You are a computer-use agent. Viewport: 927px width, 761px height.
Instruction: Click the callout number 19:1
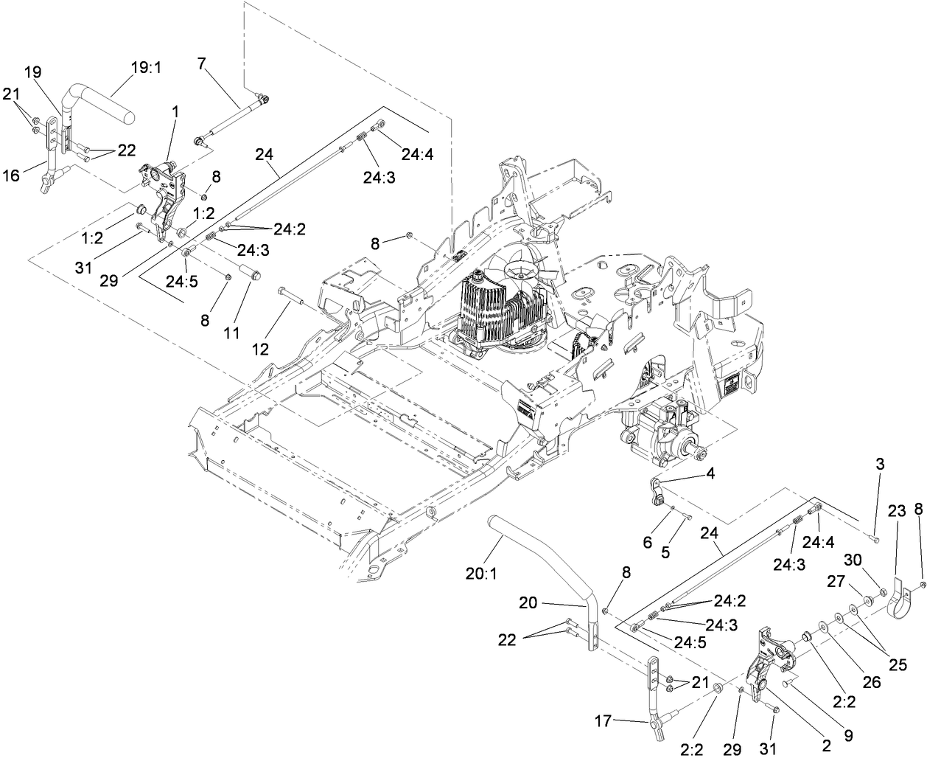click(x=147, y=67)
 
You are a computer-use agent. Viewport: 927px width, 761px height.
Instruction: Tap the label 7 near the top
click(x=201, y=63)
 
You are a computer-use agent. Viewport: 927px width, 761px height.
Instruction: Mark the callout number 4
click(x=710, y=476)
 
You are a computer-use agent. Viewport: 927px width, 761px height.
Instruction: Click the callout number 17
click(x=603, y=720)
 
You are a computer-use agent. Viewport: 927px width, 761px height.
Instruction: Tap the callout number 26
click(x=872, y=683)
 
